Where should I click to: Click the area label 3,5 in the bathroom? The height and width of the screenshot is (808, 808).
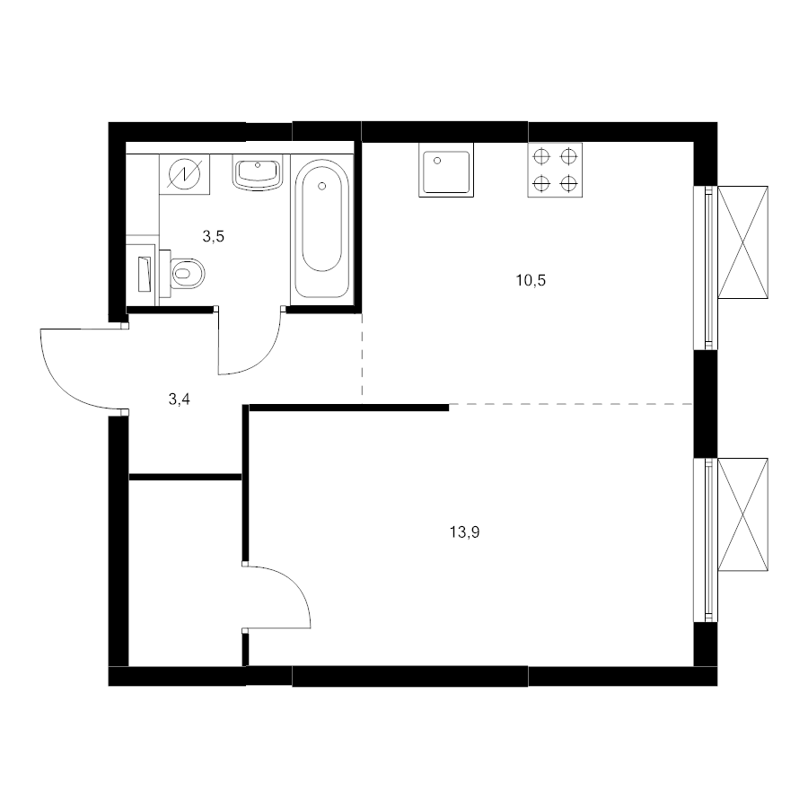point(214,236)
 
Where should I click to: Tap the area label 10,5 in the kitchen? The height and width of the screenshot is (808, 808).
point(531,280)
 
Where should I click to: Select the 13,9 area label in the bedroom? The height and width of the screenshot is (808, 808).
point(465,531)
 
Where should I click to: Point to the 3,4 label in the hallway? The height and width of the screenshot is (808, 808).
point(180,399)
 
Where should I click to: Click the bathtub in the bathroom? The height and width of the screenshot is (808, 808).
point(322,228)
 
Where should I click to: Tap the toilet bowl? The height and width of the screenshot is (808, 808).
point(187,273)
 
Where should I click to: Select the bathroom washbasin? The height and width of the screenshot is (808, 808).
point(258,172)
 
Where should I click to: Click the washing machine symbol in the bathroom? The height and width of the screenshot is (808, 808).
point(184,174)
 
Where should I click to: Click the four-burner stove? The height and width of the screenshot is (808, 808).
point(555,170)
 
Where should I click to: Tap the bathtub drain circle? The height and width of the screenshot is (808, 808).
point(322,186)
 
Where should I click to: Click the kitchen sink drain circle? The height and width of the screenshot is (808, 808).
point(437,161)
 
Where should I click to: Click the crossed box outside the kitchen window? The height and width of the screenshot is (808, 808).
point(742,242)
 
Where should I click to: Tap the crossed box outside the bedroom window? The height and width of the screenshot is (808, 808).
point(742,514)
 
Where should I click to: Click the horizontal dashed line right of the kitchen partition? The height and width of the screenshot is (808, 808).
point(571,404)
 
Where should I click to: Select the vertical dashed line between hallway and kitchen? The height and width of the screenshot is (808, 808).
point(363,355)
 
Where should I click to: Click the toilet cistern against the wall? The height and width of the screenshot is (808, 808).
point(165,274)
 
